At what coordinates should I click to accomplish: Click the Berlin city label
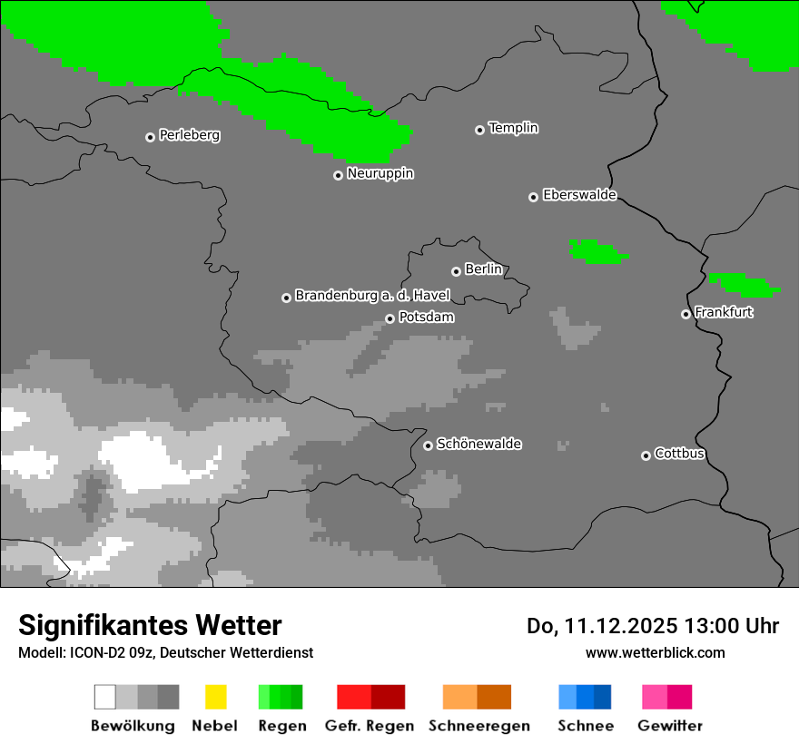click(x=483, y=269)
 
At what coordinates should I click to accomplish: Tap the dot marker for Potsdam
click(x=390, y=318)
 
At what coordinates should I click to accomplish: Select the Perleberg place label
click(x=189, y=135)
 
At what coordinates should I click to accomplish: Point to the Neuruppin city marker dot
click(x=339, y=175)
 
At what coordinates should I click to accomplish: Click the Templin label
click(x=513, y=128)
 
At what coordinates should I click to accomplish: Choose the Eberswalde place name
click(x=579, y=195)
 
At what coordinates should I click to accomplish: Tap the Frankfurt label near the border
click(x=724, y=312)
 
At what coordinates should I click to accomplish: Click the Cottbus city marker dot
click(x=646, y=455)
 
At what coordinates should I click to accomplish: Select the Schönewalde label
click(x=478, y=444)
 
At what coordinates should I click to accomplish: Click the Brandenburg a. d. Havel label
click(x=372, y=296)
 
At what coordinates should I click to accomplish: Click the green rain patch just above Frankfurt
click(x=744, y=285)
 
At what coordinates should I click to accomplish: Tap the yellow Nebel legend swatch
click(x=215, y=697)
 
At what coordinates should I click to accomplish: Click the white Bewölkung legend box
click(x=105, y=697)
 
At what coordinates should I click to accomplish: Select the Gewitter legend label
click(x=669, y=726)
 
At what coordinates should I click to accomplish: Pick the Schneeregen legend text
click(x=478, y=726)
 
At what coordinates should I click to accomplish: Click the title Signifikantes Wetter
click(x=150, y=625)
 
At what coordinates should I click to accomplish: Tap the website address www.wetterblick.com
click(x=655, y=652)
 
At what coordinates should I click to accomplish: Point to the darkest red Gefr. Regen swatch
click(x=388, y=697)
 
